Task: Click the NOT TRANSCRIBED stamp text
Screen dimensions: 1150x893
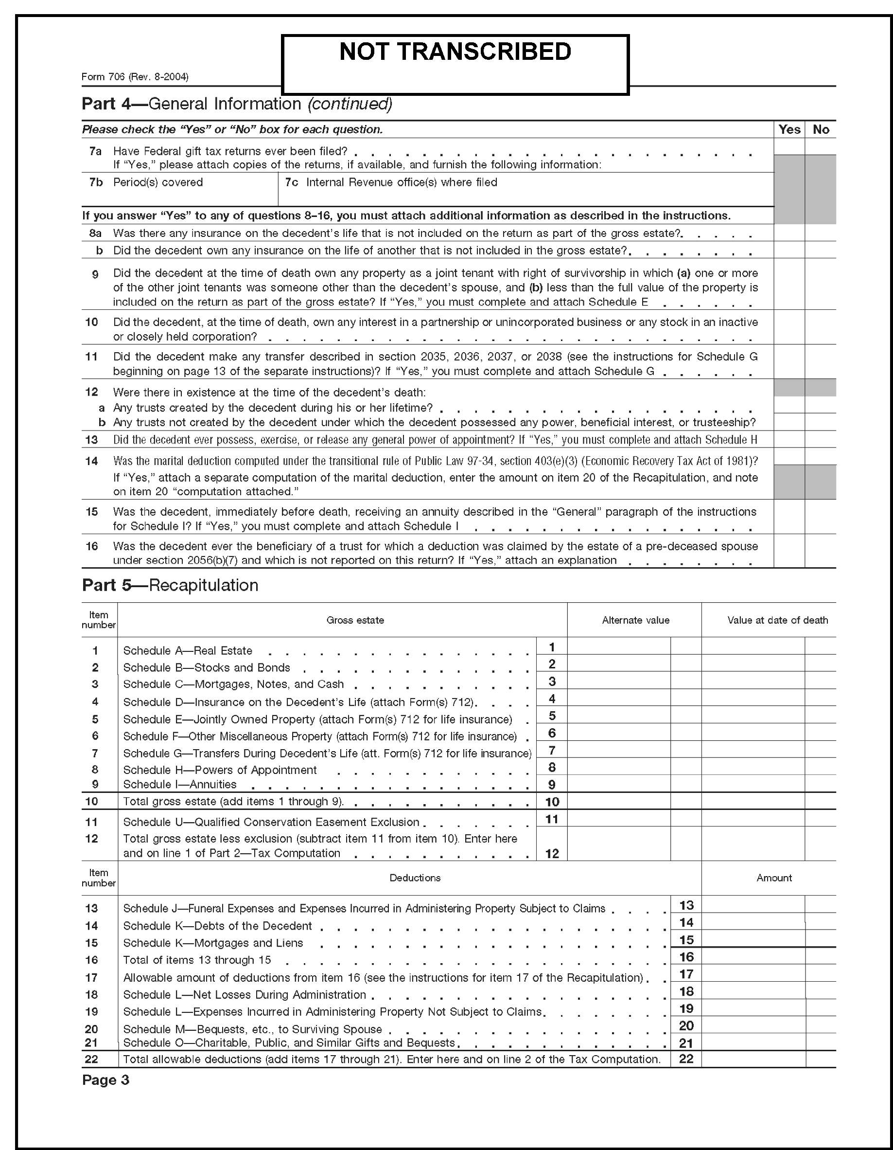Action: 455,52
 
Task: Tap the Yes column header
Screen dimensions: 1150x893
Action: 789,129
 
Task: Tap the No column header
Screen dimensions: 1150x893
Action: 821,129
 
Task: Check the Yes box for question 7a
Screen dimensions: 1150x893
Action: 789,147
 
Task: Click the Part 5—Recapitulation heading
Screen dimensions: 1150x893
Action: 170,586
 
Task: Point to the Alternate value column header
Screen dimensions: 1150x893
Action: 635,620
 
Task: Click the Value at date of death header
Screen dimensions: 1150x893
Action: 777,620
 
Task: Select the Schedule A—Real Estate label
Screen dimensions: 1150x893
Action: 188,651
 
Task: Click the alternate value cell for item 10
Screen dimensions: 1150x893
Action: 619,801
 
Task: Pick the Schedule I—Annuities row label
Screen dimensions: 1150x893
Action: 180,785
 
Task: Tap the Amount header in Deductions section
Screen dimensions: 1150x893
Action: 774,878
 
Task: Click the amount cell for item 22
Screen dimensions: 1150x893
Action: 753,1059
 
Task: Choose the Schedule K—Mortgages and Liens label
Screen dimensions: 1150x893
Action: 213,943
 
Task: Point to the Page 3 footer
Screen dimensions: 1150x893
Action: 106,1080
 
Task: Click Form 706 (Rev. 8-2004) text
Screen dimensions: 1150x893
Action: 135,77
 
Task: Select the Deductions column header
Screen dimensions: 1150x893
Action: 415,878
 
